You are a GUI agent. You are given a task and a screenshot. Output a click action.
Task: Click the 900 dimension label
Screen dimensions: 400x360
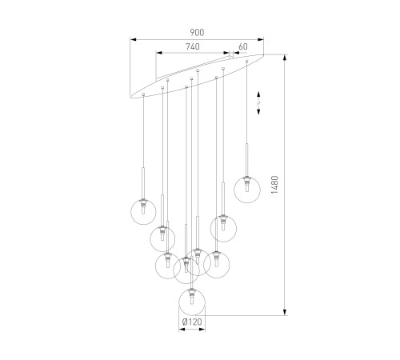[x=197, y=32]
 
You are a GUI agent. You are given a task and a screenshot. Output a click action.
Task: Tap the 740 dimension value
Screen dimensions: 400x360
[x=193, y=46]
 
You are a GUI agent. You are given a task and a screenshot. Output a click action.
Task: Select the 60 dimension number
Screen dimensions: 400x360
[x=243, y=46]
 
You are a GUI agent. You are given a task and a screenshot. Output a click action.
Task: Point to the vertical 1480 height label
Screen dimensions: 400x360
[x=274, y=185]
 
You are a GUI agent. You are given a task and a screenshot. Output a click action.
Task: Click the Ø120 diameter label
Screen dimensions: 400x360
[x=192, y=322]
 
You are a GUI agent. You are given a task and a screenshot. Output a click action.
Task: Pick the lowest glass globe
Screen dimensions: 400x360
[x=192, y=302]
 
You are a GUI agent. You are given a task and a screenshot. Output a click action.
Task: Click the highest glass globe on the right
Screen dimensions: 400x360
[x=247, y=190]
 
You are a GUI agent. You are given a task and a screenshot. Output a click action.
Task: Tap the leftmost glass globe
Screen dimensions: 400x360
[x=143, y=212]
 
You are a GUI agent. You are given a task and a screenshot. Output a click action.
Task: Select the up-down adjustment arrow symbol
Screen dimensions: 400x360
[x=258, y=103]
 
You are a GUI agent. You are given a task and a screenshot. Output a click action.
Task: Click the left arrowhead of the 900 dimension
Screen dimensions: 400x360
[x=134, y=40]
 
